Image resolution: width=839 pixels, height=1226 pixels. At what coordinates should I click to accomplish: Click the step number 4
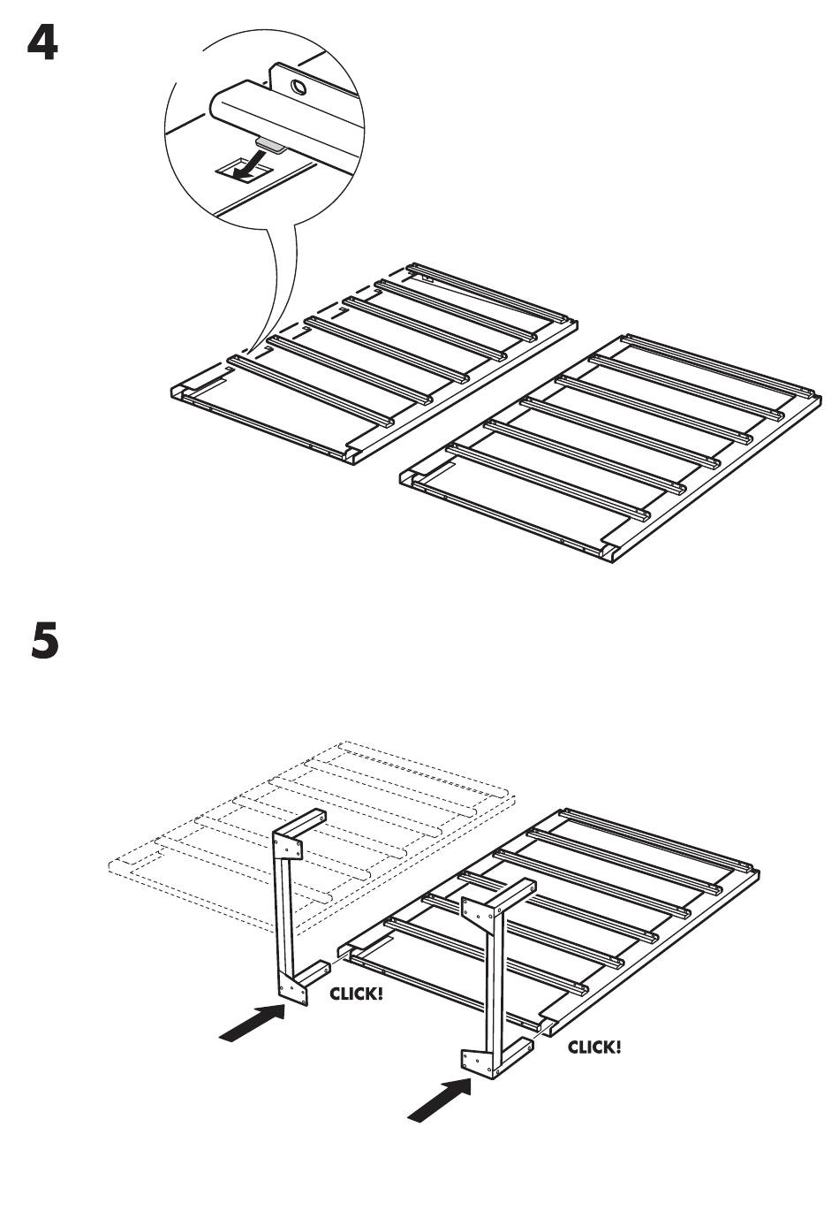(x=42, y=43)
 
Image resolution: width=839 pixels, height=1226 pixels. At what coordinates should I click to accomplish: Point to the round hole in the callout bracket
(x=299, y=88)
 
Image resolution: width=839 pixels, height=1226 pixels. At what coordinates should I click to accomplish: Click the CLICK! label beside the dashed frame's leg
(x=356, y=994)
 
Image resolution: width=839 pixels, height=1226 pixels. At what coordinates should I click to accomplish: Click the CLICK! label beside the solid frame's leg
(x=593, y=1047)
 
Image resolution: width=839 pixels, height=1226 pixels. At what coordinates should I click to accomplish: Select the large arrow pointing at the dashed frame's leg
(x=252, y=1024)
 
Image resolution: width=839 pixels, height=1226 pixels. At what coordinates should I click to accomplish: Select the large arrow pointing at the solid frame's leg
(x=438, y=1099)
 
